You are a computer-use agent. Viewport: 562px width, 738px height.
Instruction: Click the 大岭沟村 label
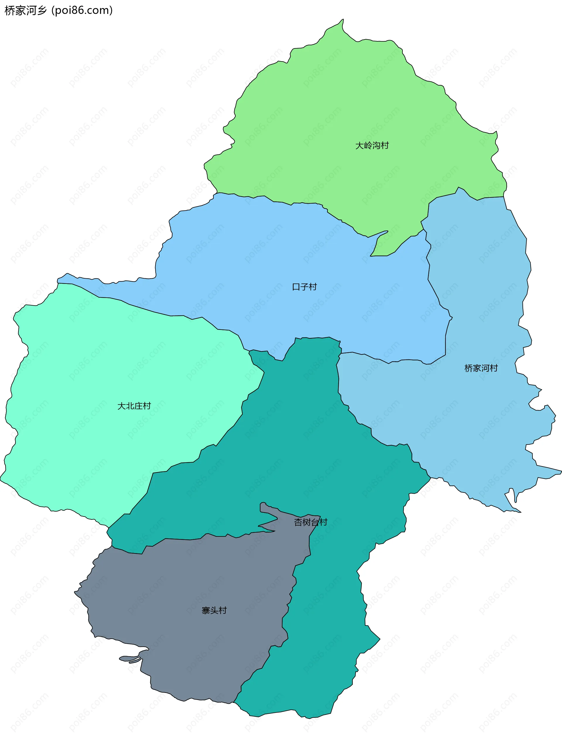372,145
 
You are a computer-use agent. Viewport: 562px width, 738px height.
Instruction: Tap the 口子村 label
304,287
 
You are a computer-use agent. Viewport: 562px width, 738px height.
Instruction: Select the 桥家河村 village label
481,368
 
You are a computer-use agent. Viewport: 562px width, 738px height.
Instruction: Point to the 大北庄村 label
134,406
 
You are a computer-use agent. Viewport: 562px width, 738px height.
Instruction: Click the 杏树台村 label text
311,522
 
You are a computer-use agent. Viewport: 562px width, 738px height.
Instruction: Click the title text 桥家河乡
26,11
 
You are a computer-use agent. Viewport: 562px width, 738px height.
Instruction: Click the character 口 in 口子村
296,287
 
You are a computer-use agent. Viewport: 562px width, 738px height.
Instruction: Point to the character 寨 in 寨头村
206,611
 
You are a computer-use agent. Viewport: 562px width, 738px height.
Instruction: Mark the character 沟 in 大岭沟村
376,145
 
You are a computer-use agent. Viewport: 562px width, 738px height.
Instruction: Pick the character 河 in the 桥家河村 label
485,368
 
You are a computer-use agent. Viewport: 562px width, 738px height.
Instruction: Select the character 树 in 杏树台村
306,522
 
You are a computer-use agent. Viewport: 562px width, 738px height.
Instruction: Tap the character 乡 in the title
42,11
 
